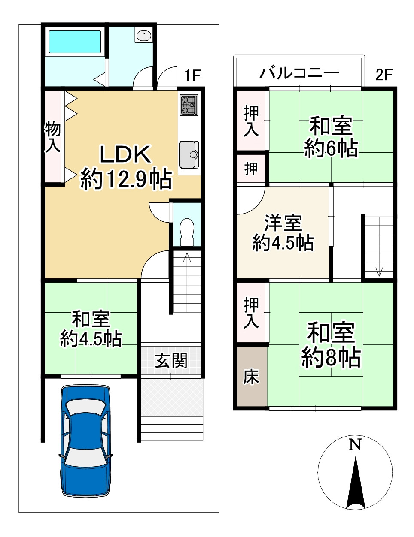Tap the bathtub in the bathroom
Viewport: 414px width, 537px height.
tap(75, 42)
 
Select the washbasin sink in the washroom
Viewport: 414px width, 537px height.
tap(143, 36)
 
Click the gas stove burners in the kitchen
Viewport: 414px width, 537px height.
tap(189, 105)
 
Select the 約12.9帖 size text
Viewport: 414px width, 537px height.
tap(126, 179)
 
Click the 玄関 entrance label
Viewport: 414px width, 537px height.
tap(171, 360)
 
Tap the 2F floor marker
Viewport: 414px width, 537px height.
tap(384, 75)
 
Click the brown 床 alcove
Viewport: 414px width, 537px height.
tap(251, 377)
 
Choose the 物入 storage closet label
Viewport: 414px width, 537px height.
tap(53, 137)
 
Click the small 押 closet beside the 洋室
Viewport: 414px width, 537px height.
tap(251, 168)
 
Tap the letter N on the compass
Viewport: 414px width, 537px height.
tap(355, 445)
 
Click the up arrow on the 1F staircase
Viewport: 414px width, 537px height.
tap(187, 258)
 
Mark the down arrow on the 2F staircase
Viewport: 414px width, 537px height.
tap(379, 271)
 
